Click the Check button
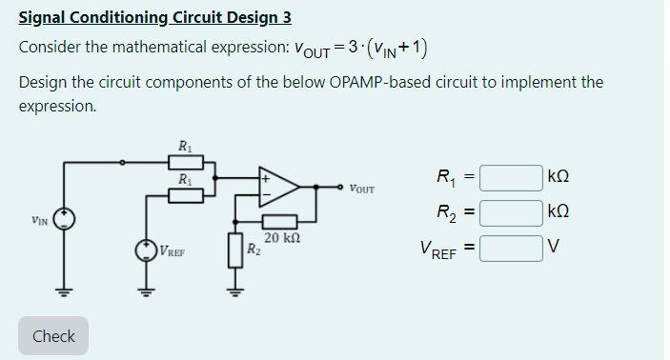pos(53,336)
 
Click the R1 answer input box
pos(511,177)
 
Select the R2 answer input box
pos(511,213)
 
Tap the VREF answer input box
pos(511,250)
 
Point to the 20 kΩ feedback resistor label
pos(283,238)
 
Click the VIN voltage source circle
pos(65,219)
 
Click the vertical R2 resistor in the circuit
pos(233,251)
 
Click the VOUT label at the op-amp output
pos(361,188)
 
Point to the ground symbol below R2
pos(233,290)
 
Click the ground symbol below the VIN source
pos(65,290)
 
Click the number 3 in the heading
pos(286,18)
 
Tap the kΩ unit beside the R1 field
pos(561,177)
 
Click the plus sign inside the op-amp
pos(267,177)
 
